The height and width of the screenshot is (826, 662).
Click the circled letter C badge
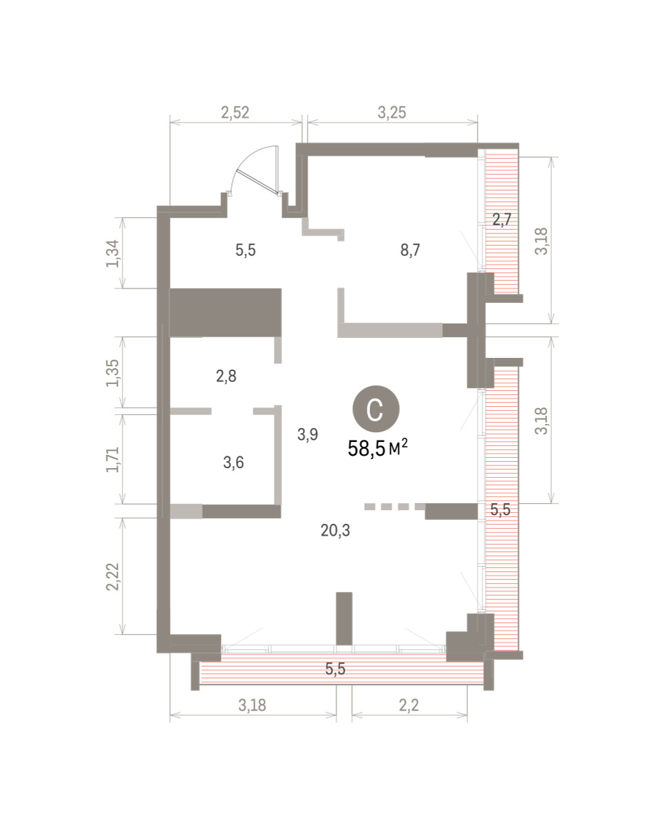pyautogui.click(x=376, y=409)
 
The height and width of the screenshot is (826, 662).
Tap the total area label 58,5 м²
pyautogui.click(x=378, y=448)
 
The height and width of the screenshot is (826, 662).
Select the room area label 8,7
pyautogui.click(x=410, y=251)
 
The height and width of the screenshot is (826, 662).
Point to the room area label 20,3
pyautogui.click(x=335, y=531)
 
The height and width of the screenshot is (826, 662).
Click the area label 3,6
pyautogui.click(x=233, y=463)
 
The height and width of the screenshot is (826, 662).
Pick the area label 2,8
pyautogui.click(x=226, y=376)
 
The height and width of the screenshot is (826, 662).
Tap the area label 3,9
pyautogui.click(x=308, y=434)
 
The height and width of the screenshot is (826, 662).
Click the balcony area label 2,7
pyautogui.click(x=502, y=220)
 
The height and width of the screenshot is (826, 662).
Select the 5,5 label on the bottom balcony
pyautogui.click(x=335, y=669)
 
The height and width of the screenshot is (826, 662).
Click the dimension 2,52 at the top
pyautogui.click(x=235, y=112)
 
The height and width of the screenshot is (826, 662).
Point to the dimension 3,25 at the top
pyautogui.click(x=392, y=112)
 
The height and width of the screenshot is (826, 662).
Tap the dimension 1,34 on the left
pyautogui.click(x=113, y=253)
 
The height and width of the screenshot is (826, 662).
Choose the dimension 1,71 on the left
pyautogui.click(x=113, y=459)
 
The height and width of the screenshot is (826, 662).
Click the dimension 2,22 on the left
pyautogui.click(x=113, y=577)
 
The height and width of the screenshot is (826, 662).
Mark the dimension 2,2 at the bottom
pyautogui.click(x=409, y=706)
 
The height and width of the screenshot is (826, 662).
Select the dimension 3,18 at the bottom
pyautogui.click(x=252, y=706)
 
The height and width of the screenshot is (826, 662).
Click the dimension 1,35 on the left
pyautogui.click(x=113, y=373)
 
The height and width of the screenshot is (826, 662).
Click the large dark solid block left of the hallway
pyautogui.click(x=225, y=313)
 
